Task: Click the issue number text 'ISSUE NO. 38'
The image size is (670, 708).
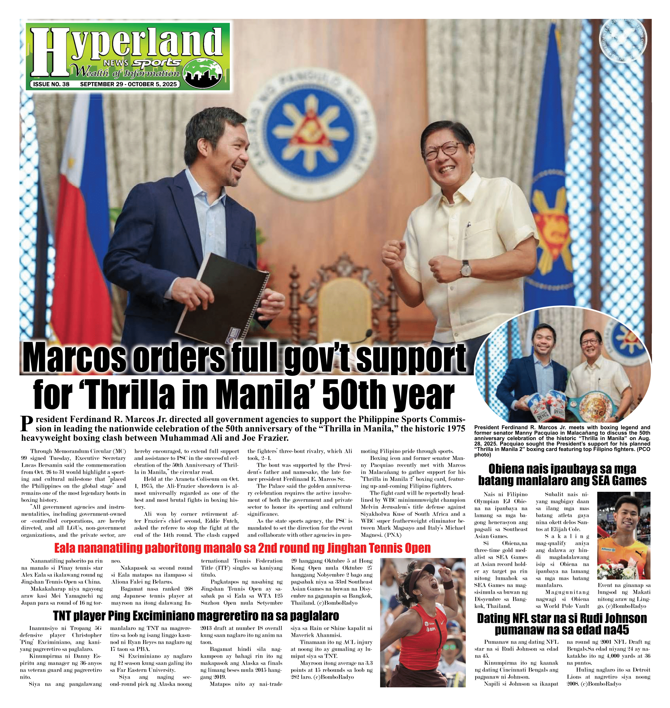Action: coord(51,84)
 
